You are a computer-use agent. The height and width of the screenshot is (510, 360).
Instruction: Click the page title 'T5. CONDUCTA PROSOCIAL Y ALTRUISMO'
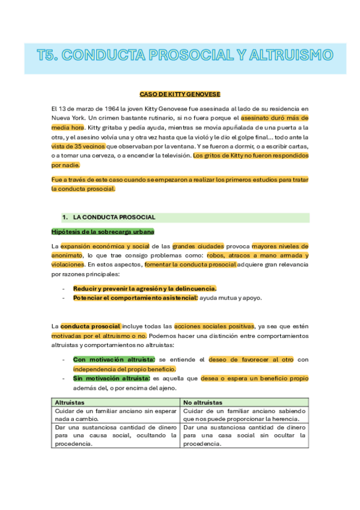[185, 56]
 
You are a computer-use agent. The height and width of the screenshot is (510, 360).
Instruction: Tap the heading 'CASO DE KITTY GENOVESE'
[180, 94]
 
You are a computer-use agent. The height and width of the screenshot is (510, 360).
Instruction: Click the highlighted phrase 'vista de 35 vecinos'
[78, 146]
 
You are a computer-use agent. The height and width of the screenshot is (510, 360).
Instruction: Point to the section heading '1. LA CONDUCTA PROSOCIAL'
[114, 217]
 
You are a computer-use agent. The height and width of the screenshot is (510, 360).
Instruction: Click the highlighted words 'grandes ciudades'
[198, 246]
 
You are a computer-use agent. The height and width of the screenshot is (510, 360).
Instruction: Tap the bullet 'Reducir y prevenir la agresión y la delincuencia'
[145, 288]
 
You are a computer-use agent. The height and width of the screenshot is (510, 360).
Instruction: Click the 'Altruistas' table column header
[69, 402]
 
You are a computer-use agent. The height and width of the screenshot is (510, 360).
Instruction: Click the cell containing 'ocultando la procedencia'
[115, 435]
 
